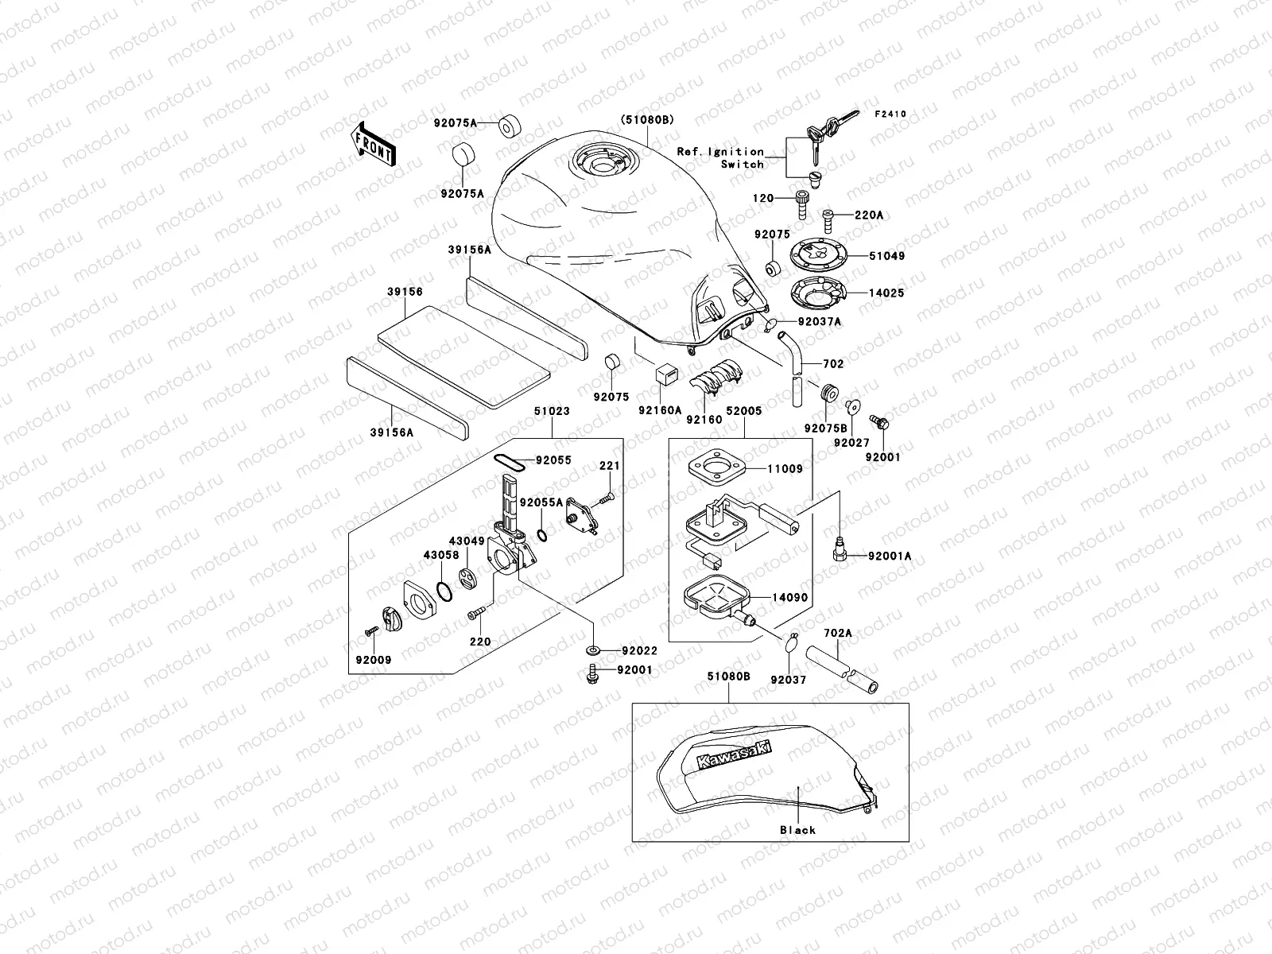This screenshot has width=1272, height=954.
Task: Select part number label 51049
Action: pos(886,257)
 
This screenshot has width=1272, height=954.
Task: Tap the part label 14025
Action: pos(886,293)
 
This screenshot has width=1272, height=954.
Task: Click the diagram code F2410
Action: pos(890,114)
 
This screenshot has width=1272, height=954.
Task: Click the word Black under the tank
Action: pos(797,830)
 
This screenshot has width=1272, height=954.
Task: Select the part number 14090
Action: pos(789,597)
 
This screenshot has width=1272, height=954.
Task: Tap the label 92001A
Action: pos(889,556)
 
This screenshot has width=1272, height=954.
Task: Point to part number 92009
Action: pos(374,660)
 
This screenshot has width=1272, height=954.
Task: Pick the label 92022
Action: pos(640,650)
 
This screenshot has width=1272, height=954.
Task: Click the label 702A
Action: pos(837,634)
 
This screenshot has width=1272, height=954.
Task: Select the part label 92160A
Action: pos(660,410)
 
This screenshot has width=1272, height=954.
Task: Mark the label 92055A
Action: pos(541,502)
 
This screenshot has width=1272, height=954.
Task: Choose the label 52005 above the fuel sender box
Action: pos(743,411)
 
